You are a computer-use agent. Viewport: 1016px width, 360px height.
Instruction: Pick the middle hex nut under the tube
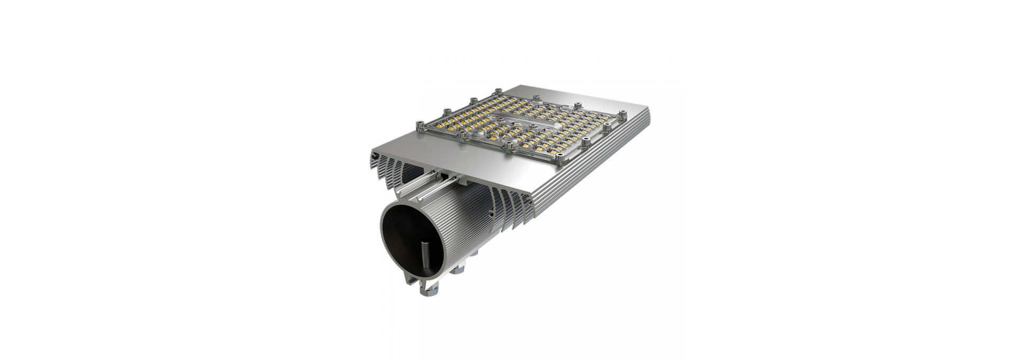coord(458,270)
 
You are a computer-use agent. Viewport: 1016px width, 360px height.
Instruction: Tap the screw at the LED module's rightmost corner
coord(623,113)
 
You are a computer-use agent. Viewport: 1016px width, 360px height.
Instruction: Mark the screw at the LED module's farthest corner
coord(498,91)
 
